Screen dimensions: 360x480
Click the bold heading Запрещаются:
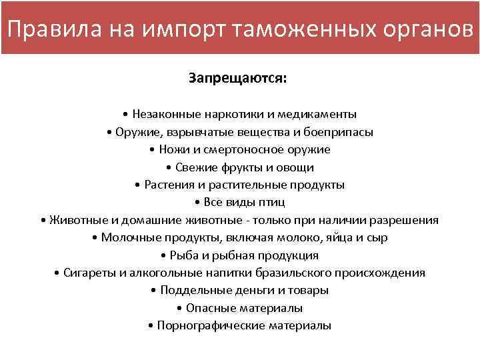(x=238, y=79)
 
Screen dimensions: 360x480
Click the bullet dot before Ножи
(x=153, y=149)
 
